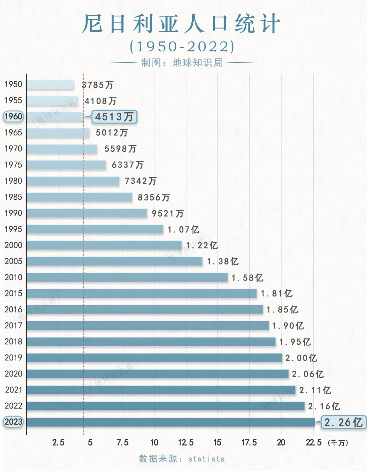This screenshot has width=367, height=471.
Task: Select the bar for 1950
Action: [50, 85]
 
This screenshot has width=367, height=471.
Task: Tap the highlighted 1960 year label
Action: [13, 116]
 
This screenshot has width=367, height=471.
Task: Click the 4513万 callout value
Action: [114, 117]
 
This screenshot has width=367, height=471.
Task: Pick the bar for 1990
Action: [87, 213]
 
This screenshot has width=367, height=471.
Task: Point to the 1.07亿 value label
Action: [183, 230]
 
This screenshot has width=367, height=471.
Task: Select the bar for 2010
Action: [127, 278]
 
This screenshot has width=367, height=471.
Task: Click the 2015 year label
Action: [13, 293]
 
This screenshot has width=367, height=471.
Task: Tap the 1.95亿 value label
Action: [295, 342]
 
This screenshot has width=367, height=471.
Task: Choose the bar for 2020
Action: [157, 374]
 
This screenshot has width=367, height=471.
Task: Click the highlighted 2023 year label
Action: [13, 422]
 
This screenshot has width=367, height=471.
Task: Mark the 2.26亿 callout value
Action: [343, 423]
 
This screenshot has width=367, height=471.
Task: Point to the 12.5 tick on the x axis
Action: [186, 442]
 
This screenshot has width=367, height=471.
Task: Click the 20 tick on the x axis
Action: [281, 442]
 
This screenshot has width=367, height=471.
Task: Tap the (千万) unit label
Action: [338, 443]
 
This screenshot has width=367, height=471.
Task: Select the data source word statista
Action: [206, 459]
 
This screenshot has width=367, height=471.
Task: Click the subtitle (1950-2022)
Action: [182, 47]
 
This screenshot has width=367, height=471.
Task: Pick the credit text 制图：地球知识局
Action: [182, 63]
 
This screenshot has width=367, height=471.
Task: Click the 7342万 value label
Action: [141, 181]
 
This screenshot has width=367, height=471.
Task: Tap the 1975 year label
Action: [13, 165]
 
